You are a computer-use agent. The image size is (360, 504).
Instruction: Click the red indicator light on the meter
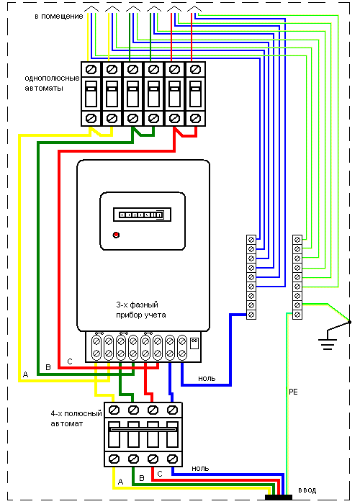pos(116,235)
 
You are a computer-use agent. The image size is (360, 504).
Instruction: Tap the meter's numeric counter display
pos(142,215)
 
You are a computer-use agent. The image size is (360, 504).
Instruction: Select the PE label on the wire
pos(294,392)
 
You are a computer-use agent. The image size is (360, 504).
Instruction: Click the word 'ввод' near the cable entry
pos(307,490)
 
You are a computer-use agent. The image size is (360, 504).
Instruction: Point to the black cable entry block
pos(279,498)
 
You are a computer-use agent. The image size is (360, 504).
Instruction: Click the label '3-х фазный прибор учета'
pos(141,310)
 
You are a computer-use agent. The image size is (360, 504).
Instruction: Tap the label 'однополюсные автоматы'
pos(52,83)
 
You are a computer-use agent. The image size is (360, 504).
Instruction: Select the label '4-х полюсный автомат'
pos(76,418)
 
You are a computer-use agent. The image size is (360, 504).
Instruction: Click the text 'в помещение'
pos(59,16)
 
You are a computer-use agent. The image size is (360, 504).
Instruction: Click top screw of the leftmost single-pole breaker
pos(91,69)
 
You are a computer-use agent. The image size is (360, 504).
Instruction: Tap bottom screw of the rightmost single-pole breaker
pos(195,118)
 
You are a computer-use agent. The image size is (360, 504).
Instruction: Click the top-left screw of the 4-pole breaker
pos(114,410)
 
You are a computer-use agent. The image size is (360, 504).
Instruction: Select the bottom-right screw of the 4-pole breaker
pos(173,459)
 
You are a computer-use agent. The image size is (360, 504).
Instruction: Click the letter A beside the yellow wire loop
pos(25,374)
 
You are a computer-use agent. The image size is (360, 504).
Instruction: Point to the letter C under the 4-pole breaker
pos(160,474)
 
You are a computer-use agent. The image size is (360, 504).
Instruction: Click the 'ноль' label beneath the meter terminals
pos(207,378)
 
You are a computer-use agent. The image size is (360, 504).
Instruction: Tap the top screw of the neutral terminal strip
pos(251,240)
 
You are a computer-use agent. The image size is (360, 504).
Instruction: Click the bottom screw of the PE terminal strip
pos(297,315)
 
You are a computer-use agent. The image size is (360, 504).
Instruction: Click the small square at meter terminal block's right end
pos(194,343)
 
